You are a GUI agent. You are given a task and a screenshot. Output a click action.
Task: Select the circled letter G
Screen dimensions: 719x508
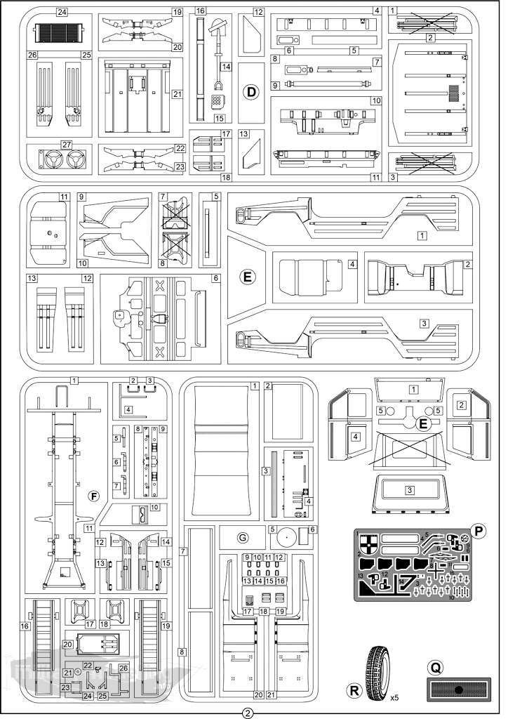pos(243,538)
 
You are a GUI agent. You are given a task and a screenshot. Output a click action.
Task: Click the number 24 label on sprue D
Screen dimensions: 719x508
pos(62,13)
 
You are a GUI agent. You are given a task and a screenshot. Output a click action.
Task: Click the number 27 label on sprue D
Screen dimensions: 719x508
pos(67,145)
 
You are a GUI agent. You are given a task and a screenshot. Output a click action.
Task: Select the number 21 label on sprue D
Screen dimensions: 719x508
pos(177,93)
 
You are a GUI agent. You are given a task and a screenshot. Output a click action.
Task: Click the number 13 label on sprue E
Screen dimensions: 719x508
pos(32,279)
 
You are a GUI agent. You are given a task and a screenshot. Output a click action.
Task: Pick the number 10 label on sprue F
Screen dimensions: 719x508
pos(154,507)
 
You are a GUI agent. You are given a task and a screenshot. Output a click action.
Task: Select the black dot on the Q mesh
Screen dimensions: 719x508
pos(457,690)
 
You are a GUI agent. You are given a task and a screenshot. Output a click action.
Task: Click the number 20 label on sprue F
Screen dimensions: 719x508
pos(68,644)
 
